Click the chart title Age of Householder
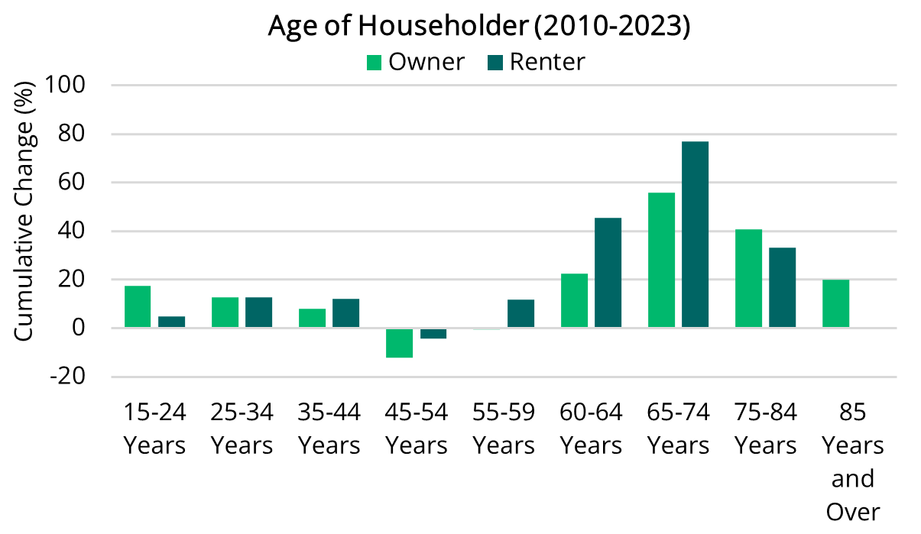point(479,26)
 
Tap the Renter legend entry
point(535,61)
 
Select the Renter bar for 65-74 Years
point(695,235)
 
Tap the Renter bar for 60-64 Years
point(608,273)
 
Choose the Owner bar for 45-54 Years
point(399,343)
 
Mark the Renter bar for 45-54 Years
point(433,333)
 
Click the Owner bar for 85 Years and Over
point(835,303)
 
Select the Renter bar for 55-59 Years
point(520,313)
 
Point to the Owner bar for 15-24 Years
point(138,306)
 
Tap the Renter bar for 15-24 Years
point(171,322)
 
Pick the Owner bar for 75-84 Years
point(748,278)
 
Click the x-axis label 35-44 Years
point(329,429)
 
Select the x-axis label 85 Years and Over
point(852,462)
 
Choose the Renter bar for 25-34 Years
point(258,312)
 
